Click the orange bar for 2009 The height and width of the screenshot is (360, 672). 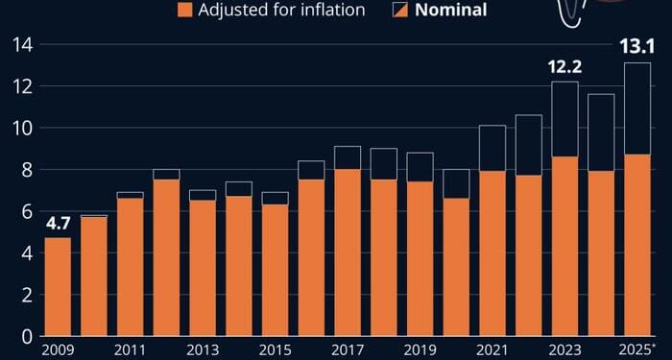[58, 287]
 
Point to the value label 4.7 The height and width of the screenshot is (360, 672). [58, 224]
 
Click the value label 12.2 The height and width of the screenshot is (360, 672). [564, 67]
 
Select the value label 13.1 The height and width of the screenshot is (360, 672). [636, 46]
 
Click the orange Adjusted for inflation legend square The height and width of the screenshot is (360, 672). [184, 11]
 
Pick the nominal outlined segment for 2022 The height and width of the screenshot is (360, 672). [528, 145]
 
